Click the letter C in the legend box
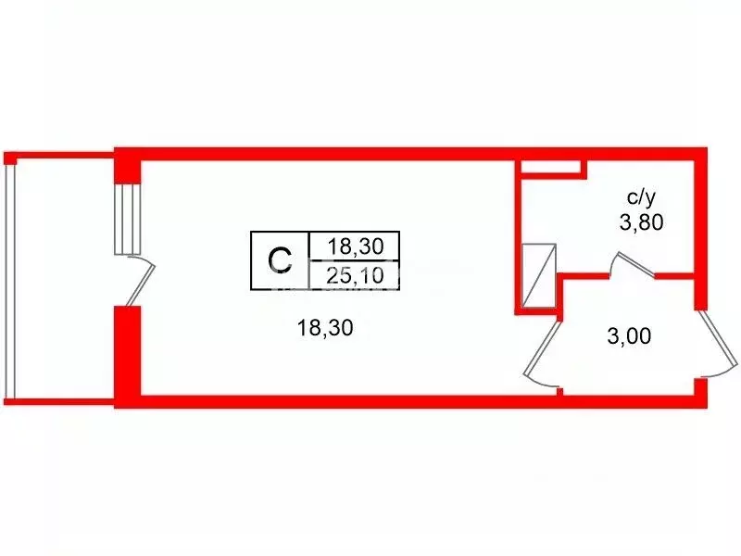[280, 260]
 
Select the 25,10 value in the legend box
[355, 275]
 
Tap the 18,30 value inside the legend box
[356, 246]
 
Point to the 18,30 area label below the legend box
[325, 327]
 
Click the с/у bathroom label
[641, 197]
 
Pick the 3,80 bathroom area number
[641, 221]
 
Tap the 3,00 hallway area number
[629, 336]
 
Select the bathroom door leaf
[634, 264]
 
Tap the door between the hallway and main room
[543, 347]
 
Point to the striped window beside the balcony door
[128, 220]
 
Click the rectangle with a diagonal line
[539, 276]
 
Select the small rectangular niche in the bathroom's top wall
[550, 167]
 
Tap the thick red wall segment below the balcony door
[128, 351]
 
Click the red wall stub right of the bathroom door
[674, 275]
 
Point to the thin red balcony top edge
[59, 155]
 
